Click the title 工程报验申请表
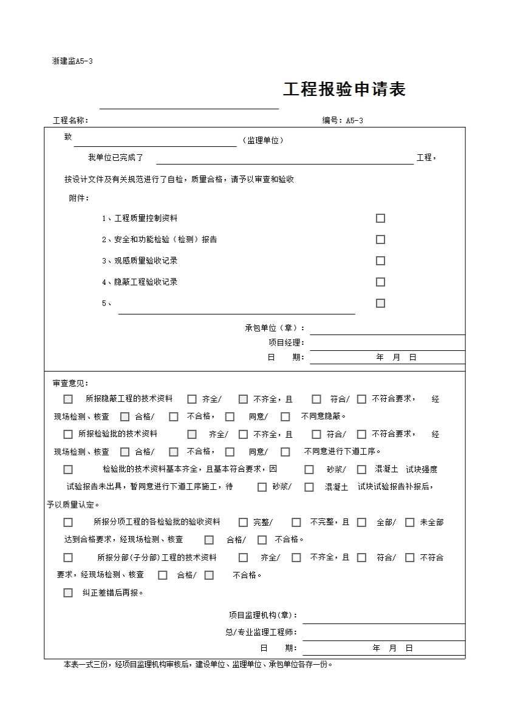coord(344,90)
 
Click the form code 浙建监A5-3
coord(72,61)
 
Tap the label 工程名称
coord(70,120)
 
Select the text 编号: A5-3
coord(343,120)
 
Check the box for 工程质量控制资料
coord(380,219)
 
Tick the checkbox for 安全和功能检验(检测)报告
coord(380,240)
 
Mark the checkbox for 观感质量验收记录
coord(380,261)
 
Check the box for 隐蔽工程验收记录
coord(380,282)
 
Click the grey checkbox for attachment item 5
coord(380,304)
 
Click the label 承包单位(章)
coord(275,328)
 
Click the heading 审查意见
coord(70,383)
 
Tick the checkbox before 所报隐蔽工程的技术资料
coord(68,399)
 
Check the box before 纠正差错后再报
coord(68,593)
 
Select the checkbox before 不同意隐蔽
coord(285,417)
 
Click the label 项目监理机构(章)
coord(262,615)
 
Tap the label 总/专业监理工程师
coord(261,632)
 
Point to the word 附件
coord(78,198)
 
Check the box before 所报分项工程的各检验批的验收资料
coord(68,523)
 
